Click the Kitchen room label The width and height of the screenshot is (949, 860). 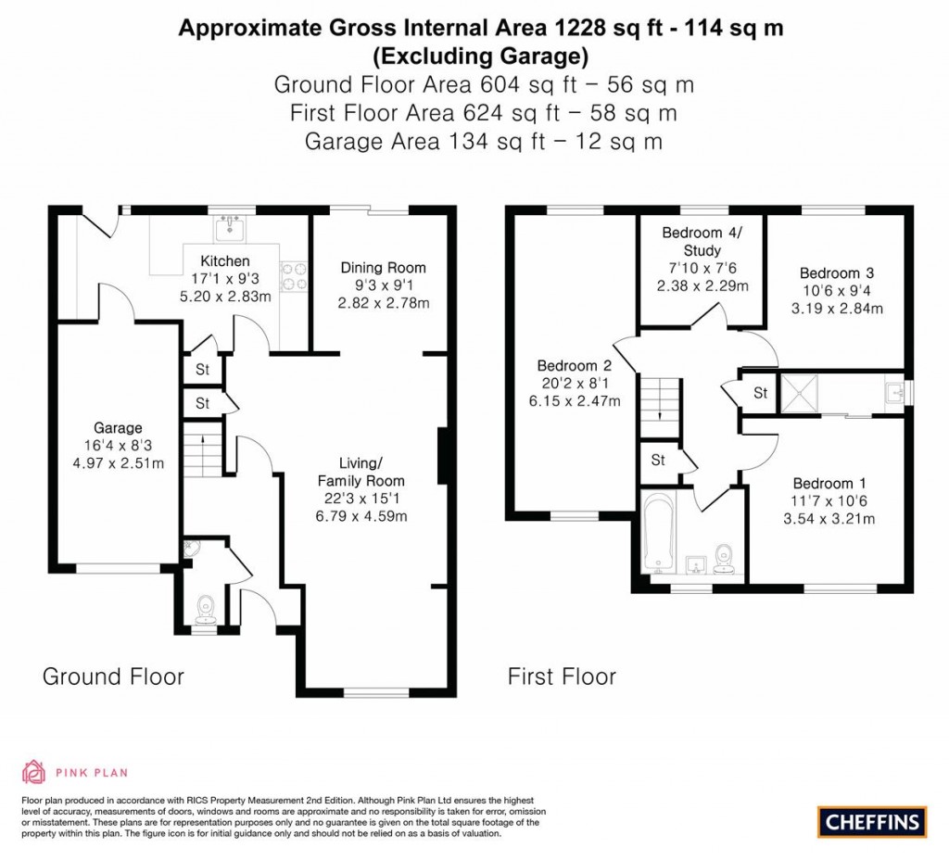225,260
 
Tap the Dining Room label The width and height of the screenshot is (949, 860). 383,268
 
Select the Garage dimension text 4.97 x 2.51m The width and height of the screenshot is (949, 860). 118,463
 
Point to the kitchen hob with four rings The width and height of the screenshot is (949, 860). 294,275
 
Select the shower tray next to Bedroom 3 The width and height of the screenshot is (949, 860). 799,393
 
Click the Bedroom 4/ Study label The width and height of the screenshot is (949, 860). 702,242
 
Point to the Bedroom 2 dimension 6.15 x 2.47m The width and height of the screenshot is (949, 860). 575,400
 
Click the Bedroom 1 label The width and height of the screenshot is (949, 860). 829,484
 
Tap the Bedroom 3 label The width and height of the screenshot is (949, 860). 837,273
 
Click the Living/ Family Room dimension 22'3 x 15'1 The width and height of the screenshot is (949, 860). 361,499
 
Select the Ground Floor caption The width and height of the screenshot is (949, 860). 113,676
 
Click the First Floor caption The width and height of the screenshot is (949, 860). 562,676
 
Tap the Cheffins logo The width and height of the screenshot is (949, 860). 872,822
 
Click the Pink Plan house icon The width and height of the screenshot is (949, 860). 34,772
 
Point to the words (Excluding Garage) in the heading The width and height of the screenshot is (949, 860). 480,57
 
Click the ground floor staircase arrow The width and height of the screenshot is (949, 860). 202,440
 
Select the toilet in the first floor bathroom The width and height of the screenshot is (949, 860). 723,559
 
